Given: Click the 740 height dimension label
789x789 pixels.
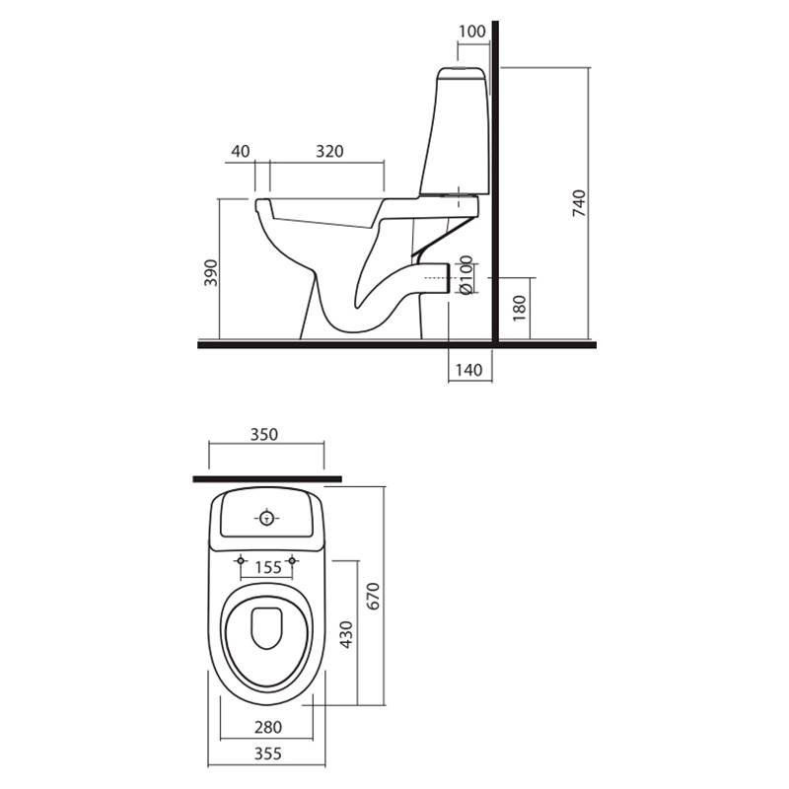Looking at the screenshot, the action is pyautogui.click(x=579, y=203).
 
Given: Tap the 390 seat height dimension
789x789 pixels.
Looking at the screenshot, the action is pyautogui.click(x=211, y=273).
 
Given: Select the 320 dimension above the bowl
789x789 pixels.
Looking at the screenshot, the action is pyautogui.click(x=329, y=151).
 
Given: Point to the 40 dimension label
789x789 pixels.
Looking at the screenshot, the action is pyautogui.click(x=240, y=151).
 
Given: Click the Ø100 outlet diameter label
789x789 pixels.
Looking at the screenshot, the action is pyautogui.click(x=466, y=275).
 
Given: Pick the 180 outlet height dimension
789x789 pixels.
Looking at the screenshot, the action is pyautogui.click(x=519, y=308).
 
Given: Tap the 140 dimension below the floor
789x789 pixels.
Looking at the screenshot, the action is pyautogui.click(x=468, y=370).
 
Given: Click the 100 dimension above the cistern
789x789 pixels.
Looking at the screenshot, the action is pyautogui.click(x=472, y=32).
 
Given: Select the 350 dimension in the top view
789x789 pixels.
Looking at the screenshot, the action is pyautogui.click(x=264, y=434).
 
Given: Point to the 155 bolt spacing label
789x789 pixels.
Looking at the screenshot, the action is pyautogui.click(x=268, y=568).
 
